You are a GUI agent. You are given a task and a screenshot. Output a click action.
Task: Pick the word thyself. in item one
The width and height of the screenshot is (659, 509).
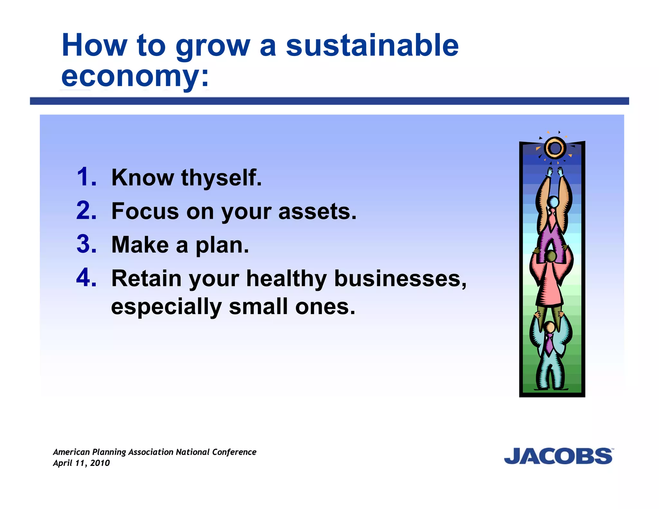tap(221, 178)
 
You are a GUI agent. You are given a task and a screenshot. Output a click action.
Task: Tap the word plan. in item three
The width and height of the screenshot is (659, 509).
tap(222, 245)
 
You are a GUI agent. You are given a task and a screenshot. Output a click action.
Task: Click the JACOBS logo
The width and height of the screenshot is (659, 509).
tap(558, 456)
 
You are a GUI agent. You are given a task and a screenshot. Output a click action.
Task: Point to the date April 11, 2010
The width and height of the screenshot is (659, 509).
tap(81, 463)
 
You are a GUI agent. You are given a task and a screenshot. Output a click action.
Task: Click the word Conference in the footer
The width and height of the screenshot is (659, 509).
tap(234, 452)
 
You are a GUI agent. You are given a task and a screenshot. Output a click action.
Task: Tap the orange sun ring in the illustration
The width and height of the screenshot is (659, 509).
tap(555, 148)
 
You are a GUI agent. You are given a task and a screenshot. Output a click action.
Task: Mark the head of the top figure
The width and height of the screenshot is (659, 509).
tap(553, 202)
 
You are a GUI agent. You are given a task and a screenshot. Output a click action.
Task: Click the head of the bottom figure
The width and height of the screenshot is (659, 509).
tap(550, 328)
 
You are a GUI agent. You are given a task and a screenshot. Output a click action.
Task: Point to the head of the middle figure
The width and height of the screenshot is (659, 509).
tap(551, 256)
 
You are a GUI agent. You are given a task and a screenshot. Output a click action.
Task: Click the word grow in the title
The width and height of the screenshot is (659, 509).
tap(213, 46)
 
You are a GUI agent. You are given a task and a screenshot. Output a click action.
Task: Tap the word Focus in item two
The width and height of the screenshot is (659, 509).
tap(145, 211)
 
